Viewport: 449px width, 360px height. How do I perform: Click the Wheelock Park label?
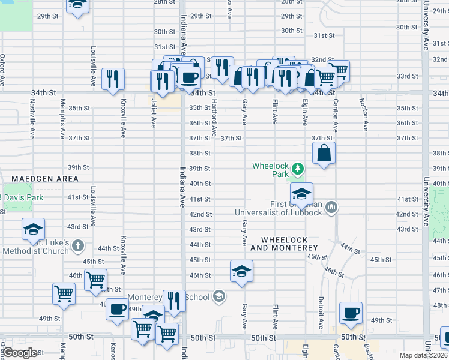coord(271,169)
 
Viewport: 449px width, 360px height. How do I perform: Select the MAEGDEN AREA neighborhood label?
coord(44,179)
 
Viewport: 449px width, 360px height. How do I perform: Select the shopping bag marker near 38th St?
coord(324,154)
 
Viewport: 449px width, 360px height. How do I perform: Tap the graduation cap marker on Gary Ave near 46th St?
coord(241,272)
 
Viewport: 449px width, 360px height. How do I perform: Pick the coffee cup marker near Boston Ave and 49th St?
coord(351,313)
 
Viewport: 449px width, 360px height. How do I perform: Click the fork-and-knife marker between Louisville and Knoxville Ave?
coord(112,79)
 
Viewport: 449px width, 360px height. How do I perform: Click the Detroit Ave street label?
coord(321,307)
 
